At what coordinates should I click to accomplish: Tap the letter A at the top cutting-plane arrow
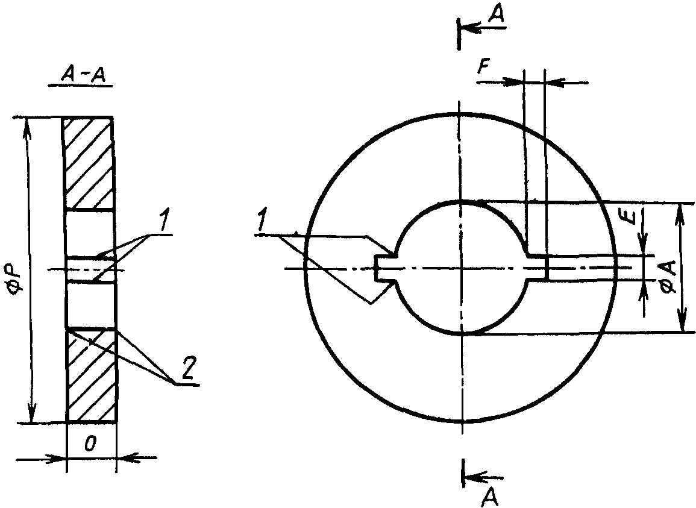(496, 14)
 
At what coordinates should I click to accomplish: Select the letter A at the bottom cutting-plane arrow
(489, 496)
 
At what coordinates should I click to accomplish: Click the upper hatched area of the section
(89, 163)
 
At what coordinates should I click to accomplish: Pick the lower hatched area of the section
(92, 375)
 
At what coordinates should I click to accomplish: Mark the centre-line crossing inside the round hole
(462, 268)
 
